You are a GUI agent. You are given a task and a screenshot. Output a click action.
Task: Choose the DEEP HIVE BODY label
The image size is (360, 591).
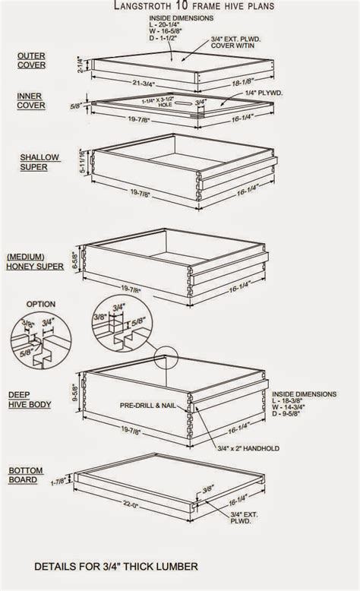tap(30, 400)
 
